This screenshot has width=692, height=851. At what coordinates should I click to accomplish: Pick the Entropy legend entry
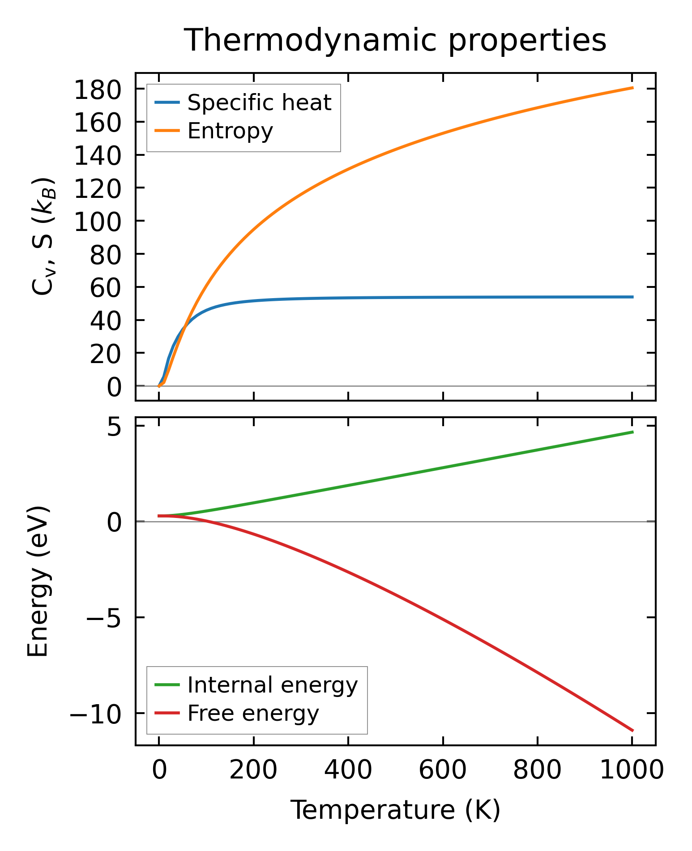pos(230,131)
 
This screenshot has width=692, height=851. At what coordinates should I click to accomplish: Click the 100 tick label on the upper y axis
pos(98,222)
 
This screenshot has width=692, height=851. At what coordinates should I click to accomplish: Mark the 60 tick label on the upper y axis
pos(106,287)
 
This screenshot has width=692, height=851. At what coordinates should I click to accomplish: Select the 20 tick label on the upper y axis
pos(106,354)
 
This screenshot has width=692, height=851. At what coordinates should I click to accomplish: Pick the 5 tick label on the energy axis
pos(115,428)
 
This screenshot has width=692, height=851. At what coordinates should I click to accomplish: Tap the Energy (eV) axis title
pos(38,582)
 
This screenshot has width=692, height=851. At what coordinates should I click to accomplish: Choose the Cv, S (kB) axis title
pos(43,236)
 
